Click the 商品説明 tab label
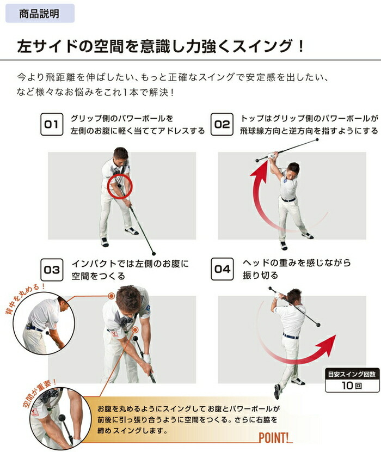[x=39, y=14]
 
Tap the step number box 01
[x=51, y=125]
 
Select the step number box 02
[x=222, y=125]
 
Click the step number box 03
[x=52, y=269]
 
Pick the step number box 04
[x=223, y=269]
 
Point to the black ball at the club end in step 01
[x=153, y=253]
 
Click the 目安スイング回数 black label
[x=352, y=374]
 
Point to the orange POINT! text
[x=275, y=437]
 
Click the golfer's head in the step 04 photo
[x=294, y=297]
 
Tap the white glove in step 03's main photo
[x=145, y=359]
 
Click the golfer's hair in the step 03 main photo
[x=128, y=297]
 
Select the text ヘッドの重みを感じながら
[x=297, y=263]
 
